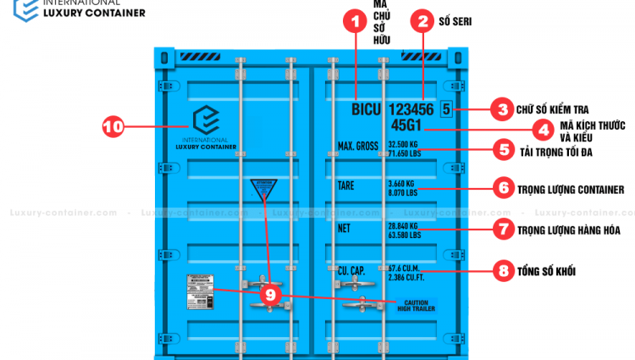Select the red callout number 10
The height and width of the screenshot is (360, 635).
pos(113,127)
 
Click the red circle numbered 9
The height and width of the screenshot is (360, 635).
pos(270,294)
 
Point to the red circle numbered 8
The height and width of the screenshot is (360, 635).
pos(504,271)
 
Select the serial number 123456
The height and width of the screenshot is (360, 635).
pos(411,110)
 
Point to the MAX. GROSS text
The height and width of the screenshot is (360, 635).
pos(357,147)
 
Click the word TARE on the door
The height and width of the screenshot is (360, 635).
pos(346,185)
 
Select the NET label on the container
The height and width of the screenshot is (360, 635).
pos(344,227)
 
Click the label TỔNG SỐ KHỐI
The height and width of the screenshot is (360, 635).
pos(546,272)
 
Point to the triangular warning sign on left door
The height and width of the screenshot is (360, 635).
pos(264,190)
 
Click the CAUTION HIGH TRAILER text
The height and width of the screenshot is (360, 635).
pos(416,305)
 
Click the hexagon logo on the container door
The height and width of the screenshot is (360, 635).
pos(206,119)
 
